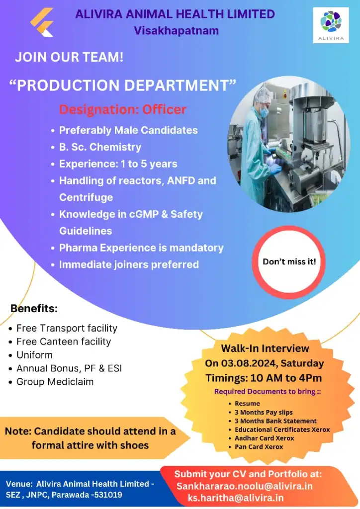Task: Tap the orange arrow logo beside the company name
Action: point(42,22)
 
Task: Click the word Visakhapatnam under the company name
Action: point(176,30)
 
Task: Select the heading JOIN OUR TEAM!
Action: point(69,57)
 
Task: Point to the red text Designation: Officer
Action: point(123,109)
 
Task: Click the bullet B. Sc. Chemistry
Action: point(100,147)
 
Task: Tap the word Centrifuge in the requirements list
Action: point(86,197)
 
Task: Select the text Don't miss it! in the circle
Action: point(289,261)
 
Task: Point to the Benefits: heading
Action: point(34,308)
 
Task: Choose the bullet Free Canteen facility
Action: point(64,341)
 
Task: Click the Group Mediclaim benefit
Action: point(55,382)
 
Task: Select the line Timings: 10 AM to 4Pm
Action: point(264,378)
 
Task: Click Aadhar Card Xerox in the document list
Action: point(264,438)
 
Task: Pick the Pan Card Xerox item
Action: point(259,447)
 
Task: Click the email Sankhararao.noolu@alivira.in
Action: point(245,486)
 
